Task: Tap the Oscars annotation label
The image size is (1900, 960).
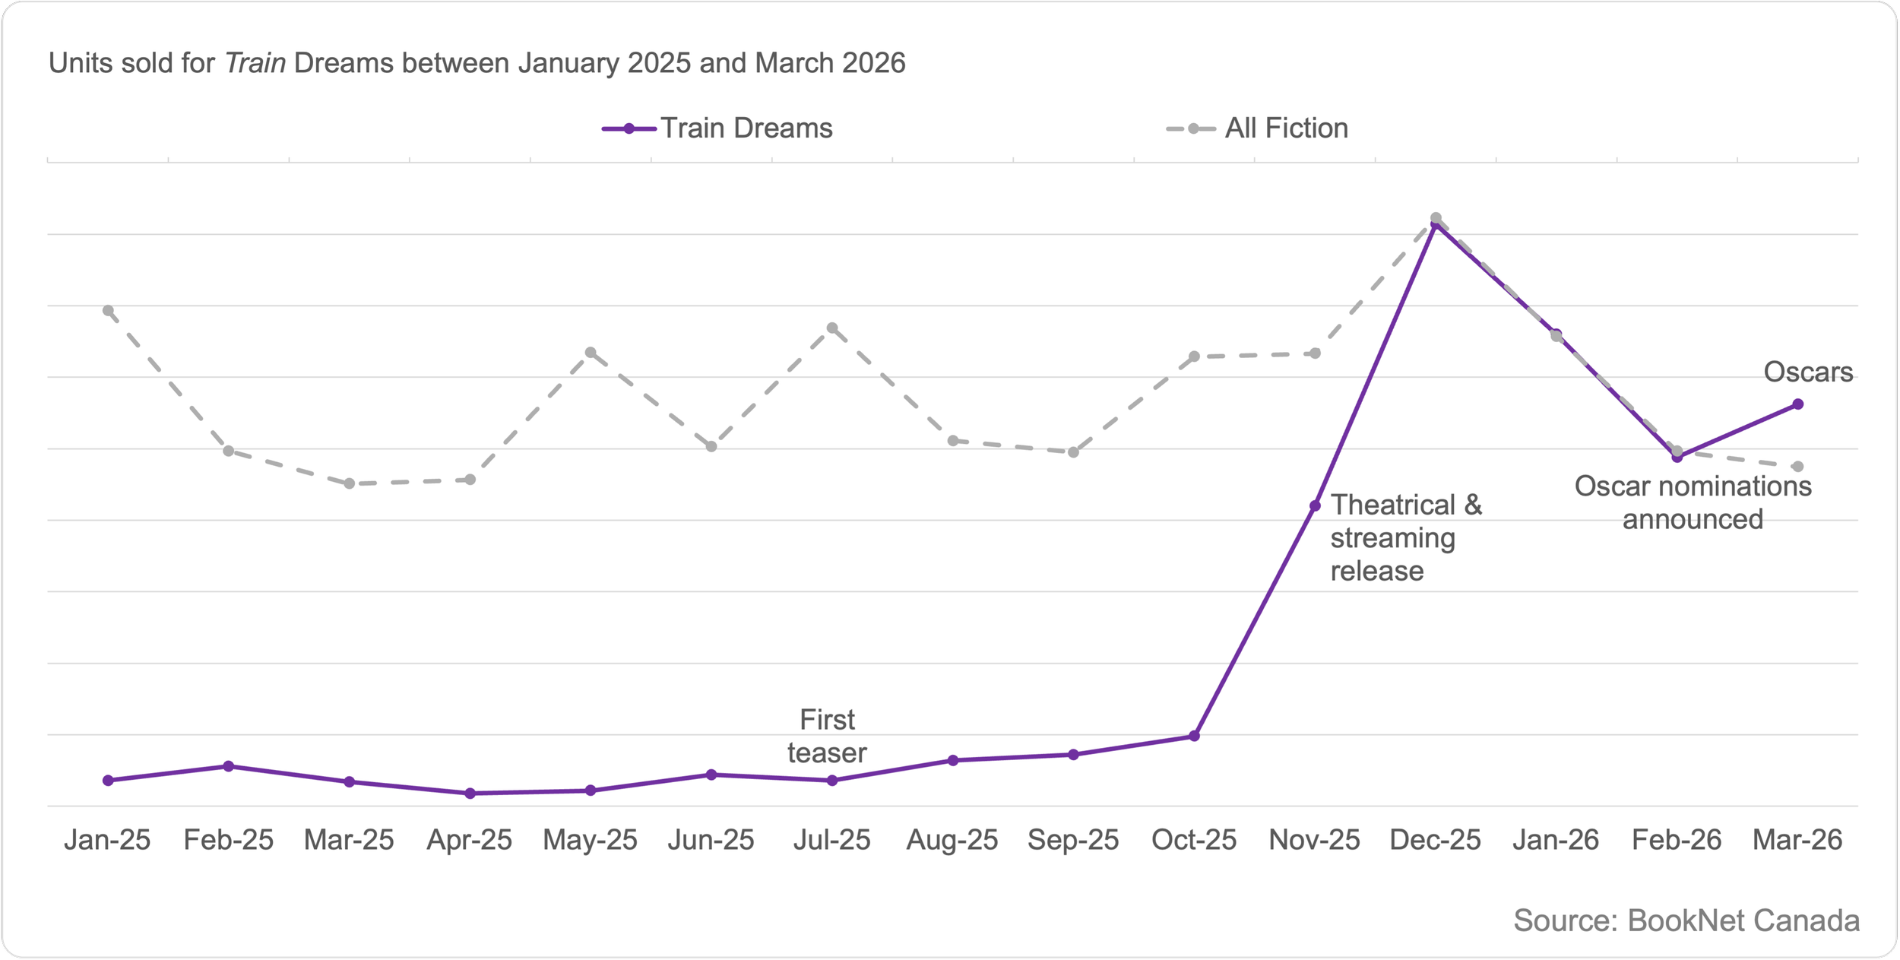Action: pos(1808,372)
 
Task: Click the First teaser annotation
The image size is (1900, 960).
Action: pos(827,736)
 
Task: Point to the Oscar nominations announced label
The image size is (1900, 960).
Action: pos(1693,502)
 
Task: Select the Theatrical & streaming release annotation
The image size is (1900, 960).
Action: pos(1405,537)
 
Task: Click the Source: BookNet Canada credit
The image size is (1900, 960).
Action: pos(1686,920)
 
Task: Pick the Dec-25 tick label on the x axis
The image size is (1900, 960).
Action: pos(1435,840)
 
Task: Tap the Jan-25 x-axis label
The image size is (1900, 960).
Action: pos(107,840)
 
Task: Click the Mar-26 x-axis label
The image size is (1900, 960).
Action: pos(1797,840)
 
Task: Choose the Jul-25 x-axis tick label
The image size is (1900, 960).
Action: pos(831,840)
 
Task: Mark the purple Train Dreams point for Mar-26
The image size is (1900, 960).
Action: pos(1798,404)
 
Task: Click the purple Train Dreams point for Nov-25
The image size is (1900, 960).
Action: pos(1316,505)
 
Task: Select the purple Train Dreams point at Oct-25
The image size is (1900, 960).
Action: pos(1195,736)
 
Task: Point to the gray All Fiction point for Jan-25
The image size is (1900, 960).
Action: pos(108,311)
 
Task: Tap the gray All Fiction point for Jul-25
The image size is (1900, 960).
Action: pos(832,328)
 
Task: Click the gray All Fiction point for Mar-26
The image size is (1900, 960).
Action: pos(1798,467)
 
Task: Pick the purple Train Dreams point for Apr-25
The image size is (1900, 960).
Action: pos(470,794)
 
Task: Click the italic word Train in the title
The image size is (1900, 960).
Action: pos(255,63)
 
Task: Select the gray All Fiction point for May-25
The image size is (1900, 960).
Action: pos(591,353)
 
